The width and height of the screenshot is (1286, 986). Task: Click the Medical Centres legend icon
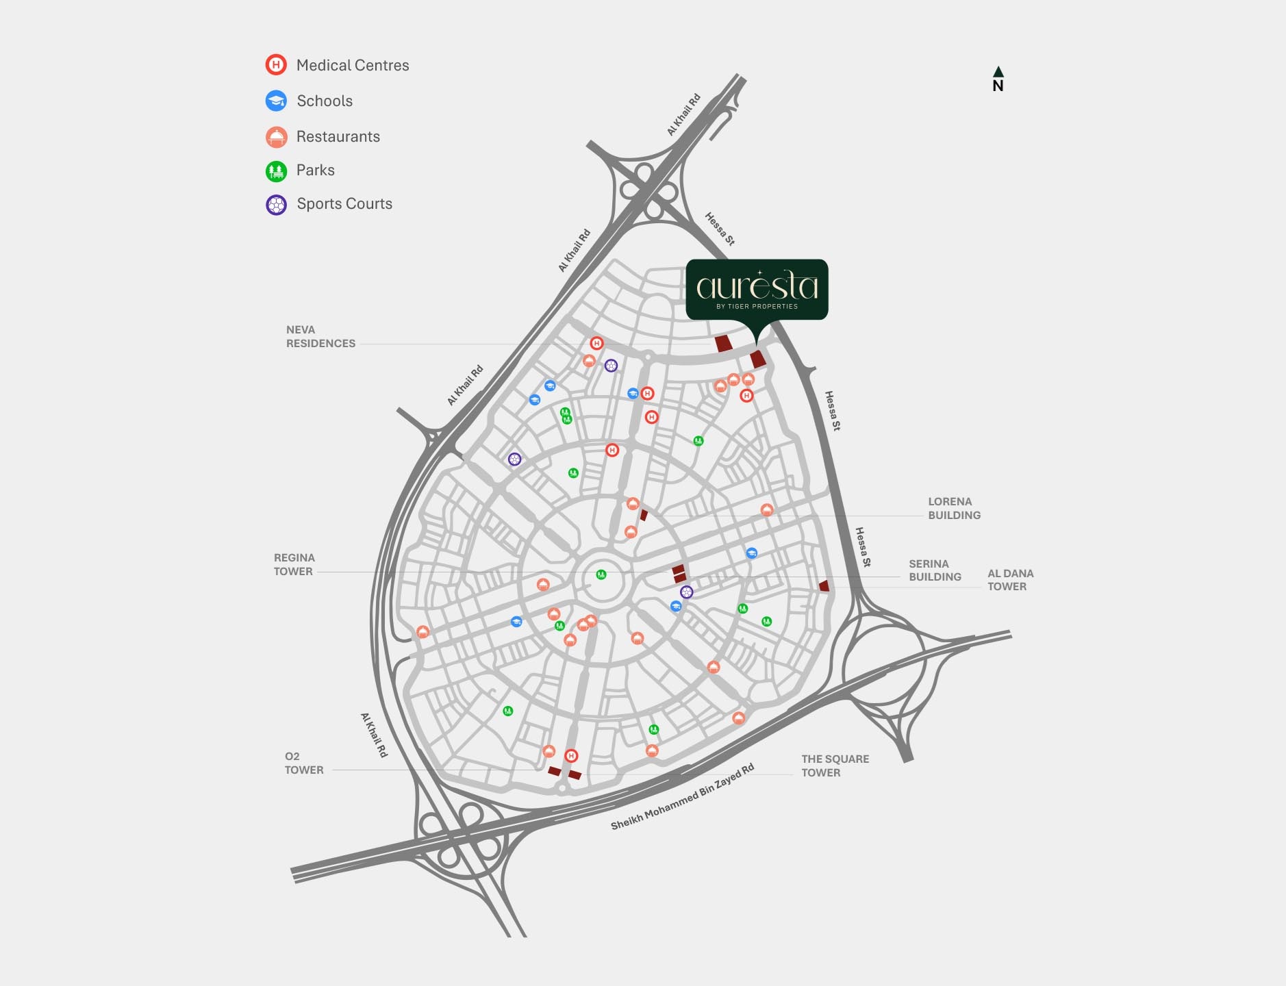pyautogui.click(x=276, y=65)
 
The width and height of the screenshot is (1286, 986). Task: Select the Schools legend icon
pyautogui.click(x=276, y=101)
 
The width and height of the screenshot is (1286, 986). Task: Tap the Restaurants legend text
pyautogui.click(x=338, y=136)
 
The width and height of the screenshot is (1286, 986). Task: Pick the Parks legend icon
pyautogui.click(x=276, y=170)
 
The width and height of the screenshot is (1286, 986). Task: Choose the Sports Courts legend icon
pyautogui.click(x=276, y=205)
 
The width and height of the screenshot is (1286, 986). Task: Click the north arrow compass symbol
pyautogui.click(x=998, y=79)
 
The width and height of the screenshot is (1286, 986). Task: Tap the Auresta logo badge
pyautogui.click(x=757, y=289)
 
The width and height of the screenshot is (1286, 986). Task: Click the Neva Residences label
pyautogui.click(x=320, y=337)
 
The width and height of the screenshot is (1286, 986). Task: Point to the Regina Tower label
pyautogui.click(x=294, y=565)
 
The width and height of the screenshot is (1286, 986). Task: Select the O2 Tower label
pyautogui.click(x=304, y=763)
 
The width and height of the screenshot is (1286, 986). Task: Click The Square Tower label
pyautogui.click(x=835, y=766)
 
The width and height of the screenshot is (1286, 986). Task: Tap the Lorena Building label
pyautogui.click(x=954, y=509)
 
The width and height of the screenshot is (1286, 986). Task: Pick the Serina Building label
pyautogui.click(x=935, y=570)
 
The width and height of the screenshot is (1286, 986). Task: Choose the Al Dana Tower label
pyautogui.click(x=1010, y=580)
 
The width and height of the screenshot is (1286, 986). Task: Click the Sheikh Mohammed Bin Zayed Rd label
pyautogui.click(x=682, y=797)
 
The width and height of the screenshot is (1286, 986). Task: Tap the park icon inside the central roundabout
pyautogui.click(x=601, y=574)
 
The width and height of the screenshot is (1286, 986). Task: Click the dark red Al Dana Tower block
pyautogui.click(x=824, y=586)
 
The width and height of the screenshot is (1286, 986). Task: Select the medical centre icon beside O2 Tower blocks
pyautogui.click(x=571, y=756)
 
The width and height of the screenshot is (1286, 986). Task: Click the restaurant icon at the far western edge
pyautogui.click(x=423, y=632)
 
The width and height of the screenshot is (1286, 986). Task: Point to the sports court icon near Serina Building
pyautogui.click(x=687, y=592)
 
